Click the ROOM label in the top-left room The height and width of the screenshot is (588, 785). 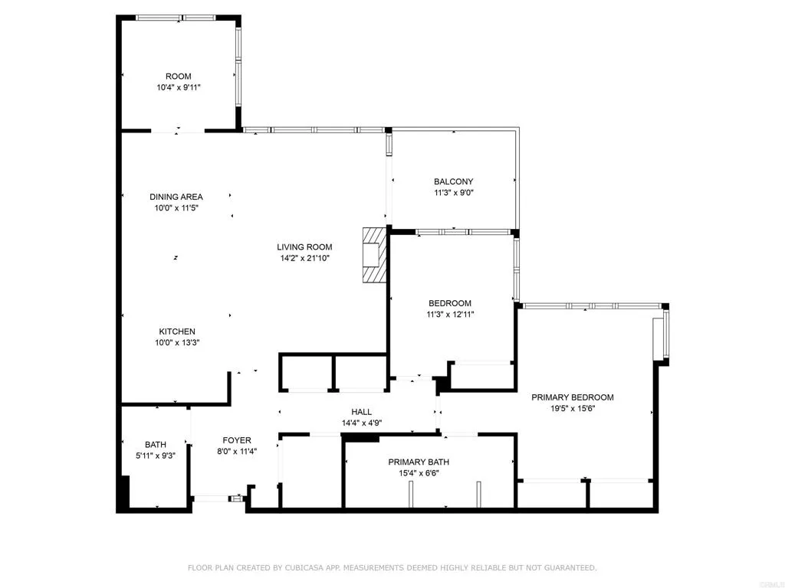(178, 77)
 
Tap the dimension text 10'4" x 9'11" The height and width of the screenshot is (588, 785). (178, 88)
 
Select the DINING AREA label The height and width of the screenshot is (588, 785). (176, 197)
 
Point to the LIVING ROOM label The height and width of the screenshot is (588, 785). (304, 247)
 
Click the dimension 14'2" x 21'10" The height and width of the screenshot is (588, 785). (304, 259)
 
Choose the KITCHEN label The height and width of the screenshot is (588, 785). (177, 332)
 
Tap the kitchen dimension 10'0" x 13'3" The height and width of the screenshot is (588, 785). (177, 343)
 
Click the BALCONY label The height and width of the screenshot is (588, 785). (453, 181)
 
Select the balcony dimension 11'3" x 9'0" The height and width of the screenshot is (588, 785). (453, 193)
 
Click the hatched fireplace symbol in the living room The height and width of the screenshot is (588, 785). (374, 254)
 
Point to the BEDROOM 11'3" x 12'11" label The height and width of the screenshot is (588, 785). (449, 303)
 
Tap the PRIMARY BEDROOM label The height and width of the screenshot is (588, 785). (573, 397)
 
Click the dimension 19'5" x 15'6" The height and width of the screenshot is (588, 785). (573, 410)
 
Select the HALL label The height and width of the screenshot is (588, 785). (361, 411)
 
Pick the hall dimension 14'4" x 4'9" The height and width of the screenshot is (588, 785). (361, 423)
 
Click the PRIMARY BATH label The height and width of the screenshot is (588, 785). (419, 462)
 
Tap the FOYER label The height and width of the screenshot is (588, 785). (237, 440)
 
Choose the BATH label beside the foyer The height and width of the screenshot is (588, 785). (156, 444)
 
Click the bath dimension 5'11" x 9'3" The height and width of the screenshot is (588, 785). (156, 456)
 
